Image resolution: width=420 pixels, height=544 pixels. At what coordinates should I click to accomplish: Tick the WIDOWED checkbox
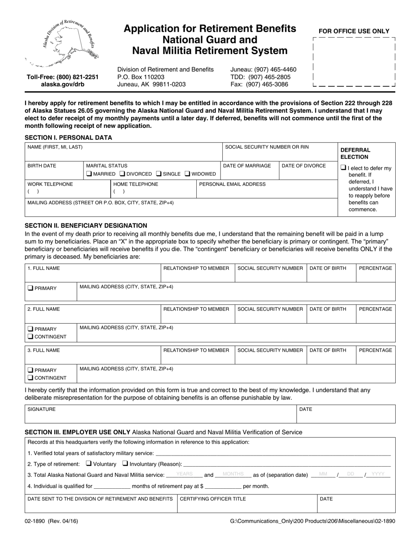point(187,174)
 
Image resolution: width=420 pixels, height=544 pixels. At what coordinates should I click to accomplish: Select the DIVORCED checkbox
point(123,174)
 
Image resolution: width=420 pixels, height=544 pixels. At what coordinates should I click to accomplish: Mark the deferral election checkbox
point(343,168)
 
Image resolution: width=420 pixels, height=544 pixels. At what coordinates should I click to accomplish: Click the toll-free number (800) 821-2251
point(63,77)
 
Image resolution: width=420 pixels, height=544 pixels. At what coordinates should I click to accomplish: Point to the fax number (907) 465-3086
point(259,84)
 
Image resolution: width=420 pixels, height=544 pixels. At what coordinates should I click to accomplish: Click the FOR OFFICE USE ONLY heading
point(354,31)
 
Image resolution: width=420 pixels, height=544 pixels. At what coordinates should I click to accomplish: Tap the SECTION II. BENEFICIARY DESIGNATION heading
point(86,226)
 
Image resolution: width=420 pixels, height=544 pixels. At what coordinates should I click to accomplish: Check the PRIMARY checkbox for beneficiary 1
point(30,288)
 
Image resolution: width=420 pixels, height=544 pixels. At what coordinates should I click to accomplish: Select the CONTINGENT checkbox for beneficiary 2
point(30,337)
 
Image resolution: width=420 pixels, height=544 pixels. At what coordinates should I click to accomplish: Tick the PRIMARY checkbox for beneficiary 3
point(30,370)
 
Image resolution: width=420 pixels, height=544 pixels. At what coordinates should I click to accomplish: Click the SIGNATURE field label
point(42,410)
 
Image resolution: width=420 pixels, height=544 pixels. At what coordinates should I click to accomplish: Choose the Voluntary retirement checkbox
point(88,464)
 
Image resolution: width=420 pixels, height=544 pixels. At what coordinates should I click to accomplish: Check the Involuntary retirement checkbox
point(125,464)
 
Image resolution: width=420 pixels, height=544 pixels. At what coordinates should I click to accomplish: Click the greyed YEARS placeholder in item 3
point(184,474)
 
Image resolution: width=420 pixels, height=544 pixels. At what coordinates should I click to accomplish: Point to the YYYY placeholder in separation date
point(378,474)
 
